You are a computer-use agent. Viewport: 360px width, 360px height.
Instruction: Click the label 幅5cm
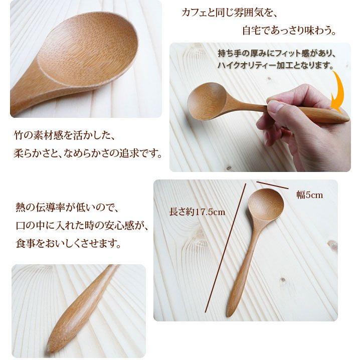(x=309, y=195)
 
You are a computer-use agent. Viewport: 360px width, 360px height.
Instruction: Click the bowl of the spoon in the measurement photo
(x=266, y=206)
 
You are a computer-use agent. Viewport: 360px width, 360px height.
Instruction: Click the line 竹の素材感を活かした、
(x=66, y=135)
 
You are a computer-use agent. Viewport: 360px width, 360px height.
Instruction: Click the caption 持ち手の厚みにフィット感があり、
(x=276, y=53)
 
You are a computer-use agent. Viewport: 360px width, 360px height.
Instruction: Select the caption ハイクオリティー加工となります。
(x=276, y=65)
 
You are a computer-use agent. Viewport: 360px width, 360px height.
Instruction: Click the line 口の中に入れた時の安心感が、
(x=83, y=226)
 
